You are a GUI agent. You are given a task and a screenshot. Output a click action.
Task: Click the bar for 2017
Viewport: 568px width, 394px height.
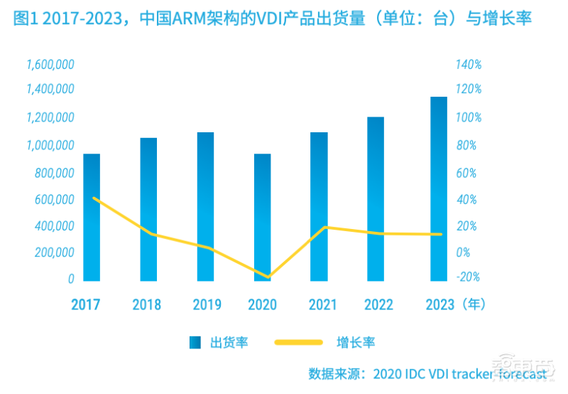[92, 217]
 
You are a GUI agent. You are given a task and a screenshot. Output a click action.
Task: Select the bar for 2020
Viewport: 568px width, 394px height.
[262, 217]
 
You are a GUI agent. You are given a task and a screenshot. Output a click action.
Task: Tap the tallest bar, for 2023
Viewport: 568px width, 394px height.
[438, 188]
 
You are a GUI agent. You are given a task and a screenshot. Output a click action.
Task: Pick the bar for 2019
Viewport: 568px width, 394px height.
[205, 206]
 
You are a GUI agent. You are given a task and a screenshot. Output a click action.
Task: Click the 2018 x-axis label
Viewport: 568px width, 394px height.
[146, 305]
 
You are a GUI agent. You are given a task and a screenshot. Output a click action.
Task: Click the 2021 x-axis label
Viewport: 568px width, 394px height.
[322, 305]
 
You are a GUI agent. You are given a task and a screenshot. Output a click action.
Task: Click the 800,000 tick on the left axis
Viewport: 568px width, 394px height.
[54, 173]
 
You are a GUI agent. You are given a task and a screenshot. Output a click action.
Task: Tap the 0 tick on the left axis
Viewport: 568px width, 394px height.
[70, 279]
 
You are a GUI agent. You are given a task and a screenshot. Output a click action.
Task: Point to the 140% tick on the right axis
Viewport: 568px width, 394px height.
[469, 65]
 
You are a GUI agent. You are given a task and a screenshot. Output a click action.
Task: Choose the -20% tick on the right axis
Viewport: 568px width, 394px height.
[469, 277]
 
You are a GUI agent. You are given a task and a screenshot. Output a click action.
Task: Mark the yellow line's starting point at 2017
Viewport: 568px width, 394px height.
[94, 198]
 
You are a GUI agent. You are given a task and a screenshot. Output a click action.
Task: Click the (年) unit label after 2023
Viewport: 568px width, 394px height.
[471, 305]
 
